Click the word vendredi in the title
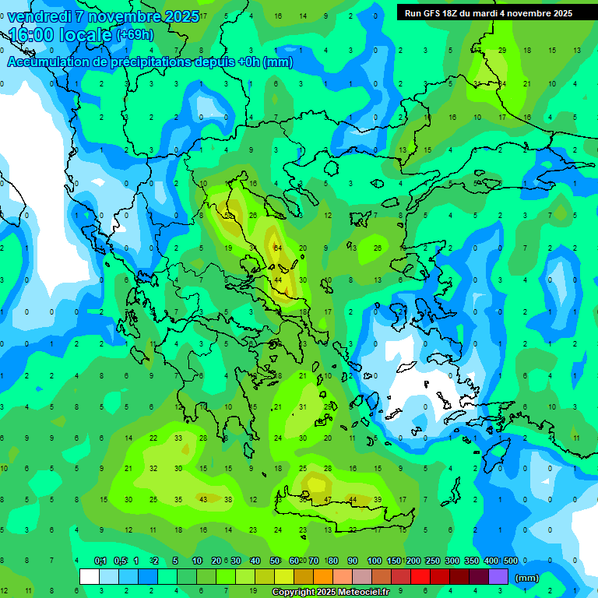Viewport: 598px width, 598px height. click(x=39, y=17)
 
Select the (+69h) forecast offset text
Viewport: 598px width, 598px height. click(x=135, y=35)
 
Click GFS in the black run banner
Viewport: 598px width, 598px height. click(x=440, y=13)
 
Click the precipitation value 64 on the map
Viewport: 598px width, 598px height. click(x=278, y=248)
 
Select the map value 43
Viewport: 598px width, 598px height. click(x=203, y=499)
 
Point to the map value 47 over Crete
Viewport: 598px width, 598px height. click(x=328, y=499)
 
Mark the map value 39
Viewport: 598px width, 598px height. click(x=378, y=499)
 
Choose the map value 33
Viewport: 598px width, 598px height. click(x=178, y=438)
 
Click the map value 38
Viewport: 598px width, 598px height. click(x=228, y=499)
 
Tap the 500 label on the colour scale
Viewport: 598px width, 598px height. click(x=510, y=561)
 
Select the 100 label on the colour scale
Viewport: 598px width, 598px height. click(x=374, y=561)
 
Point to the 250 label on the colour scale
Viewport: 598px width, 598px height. click(x=432, y=561)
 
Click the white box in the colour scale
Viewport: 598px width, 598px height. click(x=90, y=577)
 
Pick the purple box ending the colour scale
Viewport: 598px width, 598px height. click(x=498, y=577)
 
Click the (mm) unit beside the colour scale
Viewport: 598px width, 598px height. click(x=527, y=578)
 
